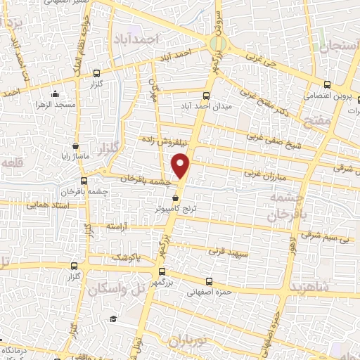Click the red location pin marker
click(182, 166)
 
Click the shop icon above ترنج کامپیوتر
click(175, 199)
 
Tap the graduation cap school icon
click(112, 319)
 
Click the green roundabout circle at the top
click(218, 45)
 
